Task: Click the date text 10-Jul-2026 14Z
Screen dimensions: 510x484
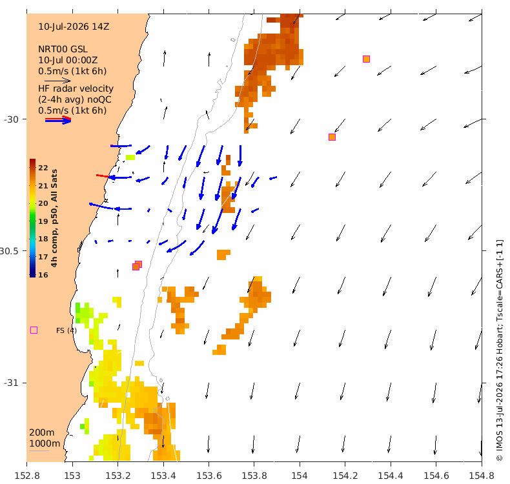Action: pos(74,26)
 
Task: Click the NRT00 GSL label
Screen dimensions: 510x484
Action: pos(63,50)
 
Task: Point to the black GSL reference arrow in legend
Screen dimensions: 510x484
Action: pos(57,81)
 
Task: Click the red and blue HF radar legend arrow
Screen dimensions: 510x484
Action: pos(58,120)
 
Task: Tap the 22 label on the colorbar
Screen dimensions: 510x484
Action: pos(43,168)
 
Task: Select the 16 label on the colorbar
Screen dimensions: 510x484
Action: pos(43,275)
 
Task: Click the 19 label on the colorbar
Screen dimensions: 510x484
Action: pos(43,221)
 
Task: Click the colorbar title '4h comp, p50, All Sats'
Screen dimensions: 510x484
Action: pos(54,217)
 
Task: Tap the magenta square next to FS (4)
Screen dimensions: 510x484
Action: pos(34,330)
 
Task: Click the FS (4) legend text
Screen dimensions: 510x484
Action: pos(66,330)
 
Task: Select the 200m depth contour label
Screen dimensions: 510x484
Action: pos(42,432)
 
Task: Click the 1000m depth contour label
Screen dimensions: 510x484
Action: pos(45,443)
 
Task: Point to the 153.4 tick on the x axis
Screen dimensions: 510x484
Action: pos(163,476)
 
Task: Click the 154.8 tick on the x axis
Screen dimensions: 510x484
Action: pos(482,476)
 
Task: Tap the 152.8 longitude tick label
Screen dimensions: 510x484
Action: pos(27,476)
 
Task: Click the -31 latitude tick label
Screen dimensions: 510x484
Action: pos(11,383)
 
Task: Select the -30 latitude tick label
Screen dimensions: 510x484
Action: pos(11,119)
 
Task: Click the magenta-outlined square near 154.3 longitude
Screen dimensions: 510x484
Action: pos(366,59)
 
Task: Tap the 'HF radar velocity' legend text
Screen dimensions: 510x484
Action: pos(76,88)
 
